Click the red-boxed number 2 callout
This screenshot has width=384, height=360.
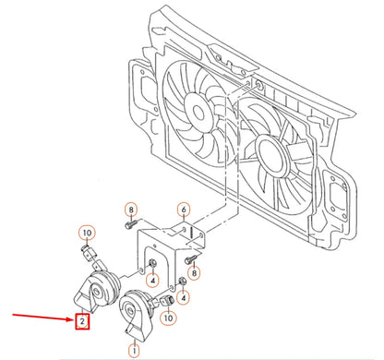click(x=83, y=321)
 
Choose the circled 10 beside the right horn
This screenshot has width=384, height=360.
click(x=169, y=317)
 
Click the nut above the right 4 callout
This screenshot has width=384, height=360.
click(x=183, y=281)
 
